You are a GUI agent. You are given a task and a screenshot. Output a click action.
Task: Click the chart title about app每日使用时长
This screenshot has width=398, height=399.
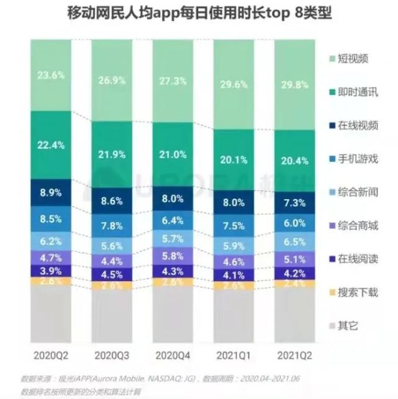[x=199, y=14]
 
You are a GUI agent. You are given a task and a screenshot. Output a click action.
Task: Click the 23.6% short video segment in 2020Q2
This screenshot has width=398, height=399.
[x=50, y=74]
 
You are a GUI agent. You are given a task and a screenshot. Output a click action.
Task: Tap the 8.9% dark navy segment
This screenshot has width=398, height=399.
[x=50, y=193]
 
